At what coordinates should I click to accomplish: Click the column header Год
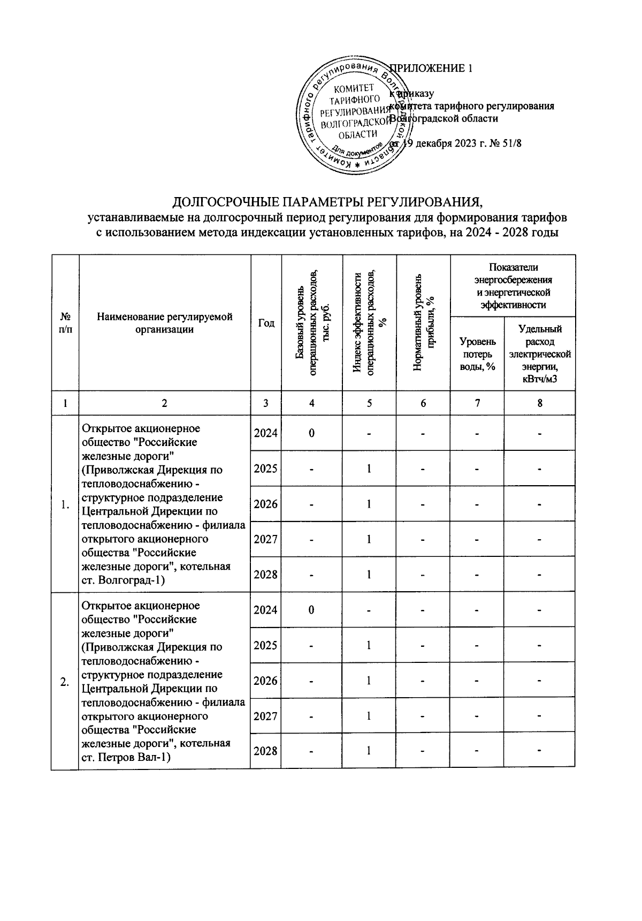[x=266, y=323]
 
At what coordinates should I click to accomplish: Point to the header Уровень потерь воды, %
[x=477, y=353]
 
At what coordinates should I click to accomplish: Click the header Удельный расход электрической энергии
[x=539, y=353]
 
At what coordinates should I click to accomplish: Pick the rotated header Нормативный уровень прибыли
[x=423, y=323]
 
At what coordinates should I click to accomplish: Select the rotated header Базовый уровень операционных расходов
[x=312, y=323]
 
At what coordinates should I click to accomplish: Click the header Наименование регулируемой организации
[x=165, y=323]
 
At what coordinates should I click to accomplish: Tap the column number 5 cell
[x=369, y=404]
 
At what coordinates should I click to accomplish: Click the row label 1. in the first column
[x=65, y=504]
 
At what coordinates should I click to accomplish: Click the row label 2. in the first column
[x=65, y=681]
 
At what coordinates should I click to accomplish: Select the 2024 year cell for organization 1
[x=266, y=433]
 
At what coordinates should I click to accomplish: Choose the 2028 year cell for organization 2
[x=266, y=751]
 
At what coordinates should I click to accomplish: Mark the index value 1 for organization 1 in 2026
[x=369, y=504]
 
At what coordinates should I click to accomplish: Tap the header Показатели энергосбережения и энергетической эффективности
[x=513, y=286]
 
